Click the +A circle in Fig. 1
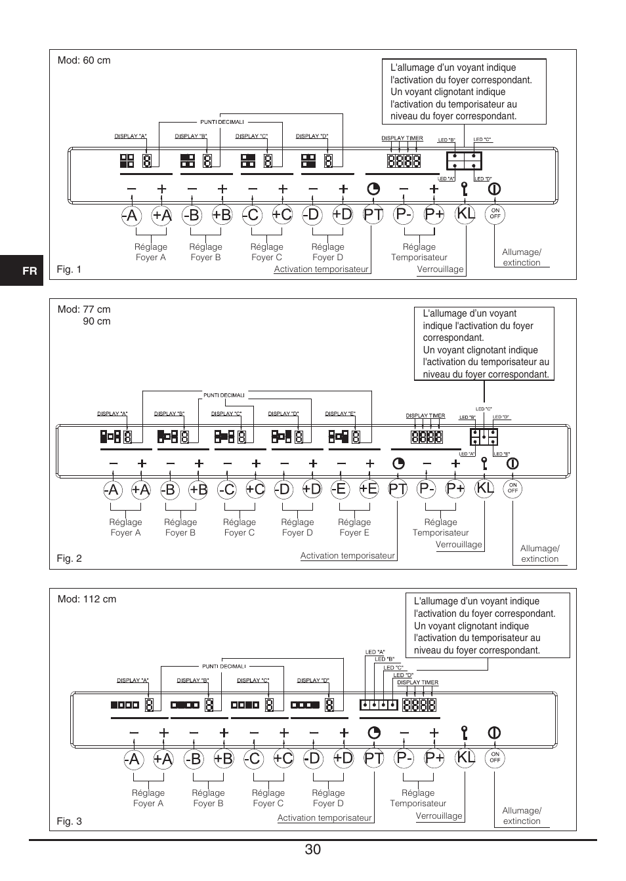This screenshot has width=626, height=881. tap(162, 215)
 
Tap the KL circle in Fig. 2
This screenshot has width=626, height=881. tap(485, 488)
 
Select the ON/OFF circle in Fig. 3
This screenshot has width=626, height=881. tap(495, 757)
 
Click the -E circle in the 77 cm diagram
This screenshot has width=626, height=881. tap(339, 489)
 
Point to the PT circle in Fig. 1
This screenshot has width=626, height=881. tap(373, 215)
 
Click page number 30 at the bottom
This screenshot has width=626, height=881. tap(312, 849)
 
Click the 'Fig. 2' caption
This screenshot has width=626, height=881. tap(70, 558)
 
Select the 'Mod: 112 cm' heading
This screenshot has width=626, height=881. tap(87, 599)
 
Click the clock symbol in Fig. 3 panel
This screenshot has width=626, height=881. tap(374, 733)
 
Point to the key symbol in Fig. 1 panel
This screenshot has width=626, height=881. tap(465, 189)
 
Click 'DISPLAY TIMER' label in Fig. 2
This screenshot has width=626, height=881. tap(426, 416)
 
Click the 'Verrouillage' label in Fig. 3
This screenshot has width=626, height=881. tap(439, 815)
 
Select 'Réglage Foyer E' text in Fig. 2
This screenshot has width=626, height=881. tap(354, 527)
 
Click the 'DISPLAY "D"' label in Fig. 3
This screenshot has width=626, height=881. tap(313, 680)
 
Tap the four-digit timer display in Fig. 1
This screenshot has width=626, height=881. tap(404, 161)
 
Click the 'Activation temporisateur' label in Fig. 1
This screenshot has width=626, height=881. tap(322, 269)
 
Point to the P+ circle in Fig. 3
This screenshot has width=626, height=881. tap(434, 758)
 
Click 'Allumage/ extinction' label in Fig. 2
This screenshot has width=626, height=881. tap(540, 553)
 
